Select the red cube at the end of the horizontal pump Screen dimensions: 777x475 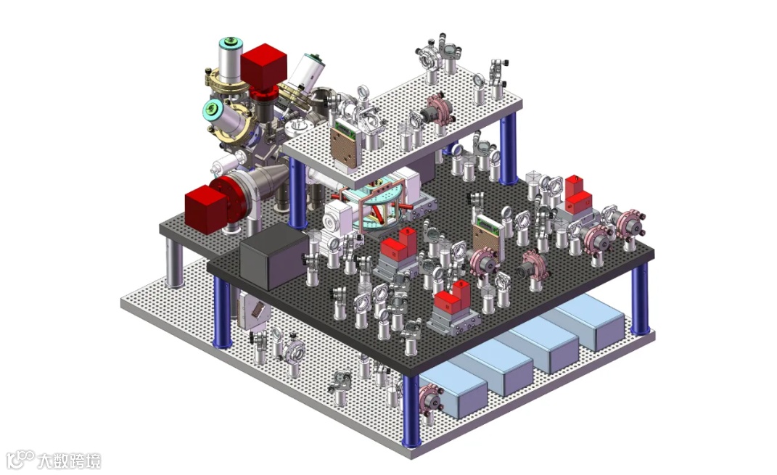click(x=206, y=208)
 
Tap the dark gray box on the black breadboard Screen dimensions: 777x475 click(x=274, y=257)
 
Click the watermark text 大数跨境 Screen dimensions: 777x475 click(x=69, y=461)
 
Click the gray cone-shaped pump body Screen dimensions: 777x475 click(x=265, y=180)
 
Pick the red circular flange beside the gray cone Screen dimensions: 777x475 click(x=227, y=201)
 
